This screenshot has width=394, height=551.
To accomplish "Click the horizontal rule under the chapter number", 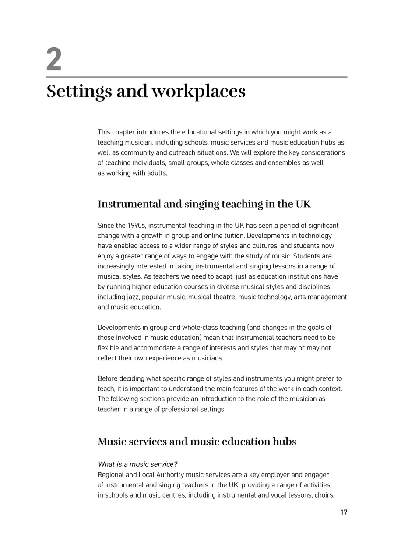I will click(x=197, y=77).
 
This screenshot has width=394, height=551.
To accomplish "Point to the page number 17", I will click(x=344, y=512).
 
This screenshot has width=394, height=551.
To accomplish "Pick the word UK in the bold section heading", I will click(x=303, y=204).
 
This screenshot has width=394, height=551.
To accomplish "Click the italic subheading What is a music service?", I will click(x=137, y=464).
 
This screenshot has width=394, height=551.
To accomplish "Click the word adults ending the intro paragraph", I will click(x=157, y=173).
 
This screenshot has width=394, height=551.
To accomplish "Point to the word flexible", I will click(x=109, y=348).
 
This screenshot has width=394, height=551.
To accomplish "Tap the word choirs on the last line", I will click(x=325, y=495).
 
